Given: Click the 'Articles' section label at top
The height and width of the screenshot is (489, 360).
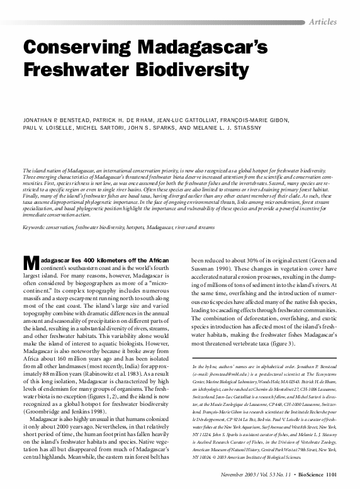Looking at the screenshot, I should click(322, 21).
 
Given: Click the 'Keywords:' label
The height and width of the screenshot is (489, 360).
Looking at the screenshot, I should click(36, 226).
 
